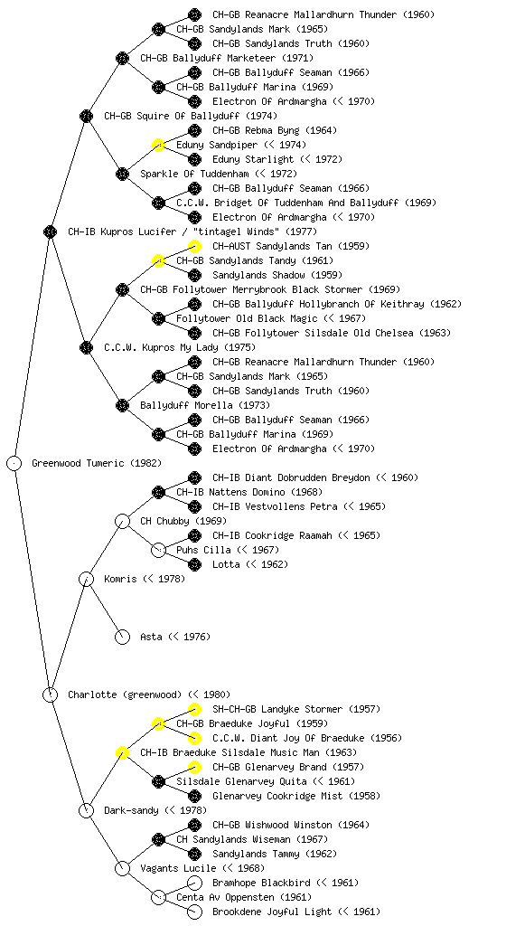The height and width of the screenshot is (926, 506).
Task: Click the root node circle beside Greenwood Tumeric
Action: pos(14,463)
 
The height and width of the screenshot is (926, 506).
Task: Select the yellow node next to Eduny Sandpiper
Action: pos(158,145)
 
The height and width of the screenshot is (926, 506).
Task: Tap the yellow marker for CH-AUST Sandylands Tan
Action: pos(194,246)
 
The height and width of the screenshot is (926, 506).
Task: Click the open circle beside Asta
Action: pos(122,637)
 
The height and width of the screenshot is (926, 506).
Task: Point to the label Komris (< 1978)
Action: pos(145,579)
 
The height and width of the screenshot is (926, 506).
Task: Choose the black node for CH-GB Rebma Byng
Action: pos(194,130)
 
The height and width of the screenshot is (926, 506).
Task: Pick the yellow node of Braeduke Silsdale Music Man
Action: pos(122,752)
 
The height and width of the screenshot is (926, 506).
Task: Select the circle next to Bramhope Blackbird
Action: pos(194,883)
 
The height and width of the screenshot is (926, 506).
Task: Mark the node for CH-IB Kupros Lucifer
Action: pos(50,231)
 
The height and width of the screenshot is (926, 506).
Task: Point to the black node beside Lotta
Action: pos(194,564)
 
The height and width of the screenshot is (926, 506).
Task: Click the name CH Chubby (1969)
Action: pos(183,521)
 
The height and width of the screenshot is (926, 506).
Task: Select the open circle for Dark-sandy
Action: pos(86,810)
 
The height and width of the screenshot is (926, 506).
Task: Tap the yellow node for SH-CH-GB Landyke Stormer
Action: pos(194,709)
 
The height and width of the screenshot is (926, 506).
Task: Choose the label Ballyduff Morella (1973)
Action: pos(205,405)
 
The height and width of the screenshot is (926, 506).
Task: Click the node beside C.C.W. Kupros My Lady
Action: pos(86,347)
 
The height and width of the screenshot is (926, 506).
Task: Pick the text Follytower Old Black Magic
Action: pos(247,318)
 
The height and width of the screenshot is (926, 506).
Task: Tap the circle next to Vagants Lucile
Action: pos(122,868)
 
